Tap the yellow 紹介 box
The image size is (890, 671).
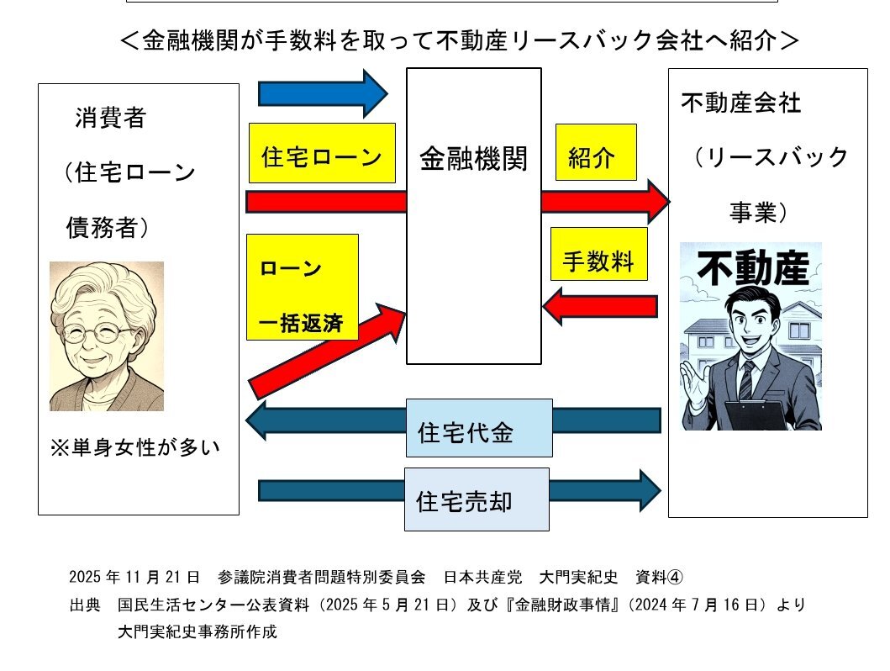click(595, 157)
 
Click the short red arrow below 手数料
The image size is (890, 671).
click(600, 305)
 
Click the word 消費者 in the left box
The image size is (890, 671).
click(110, 119)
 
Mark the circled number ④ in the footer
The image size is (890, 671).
click(676, 577)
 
